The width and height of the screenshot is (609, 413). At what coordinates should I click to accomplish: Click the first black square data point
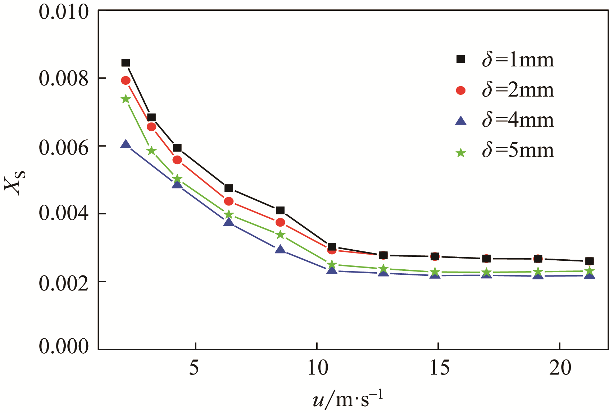(126, 63)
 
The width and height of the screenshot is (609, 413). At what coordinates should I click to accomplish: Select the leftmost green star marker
(126, 99)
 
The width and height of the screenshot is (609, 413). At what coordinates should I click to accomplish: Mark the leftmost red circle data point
(126, 80)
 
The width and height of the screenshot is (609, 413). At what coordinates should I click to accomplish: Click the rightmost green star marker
(589, 271)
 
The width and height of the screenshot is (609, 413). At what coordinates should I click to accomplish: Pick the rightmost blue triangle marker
(589, 275)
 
